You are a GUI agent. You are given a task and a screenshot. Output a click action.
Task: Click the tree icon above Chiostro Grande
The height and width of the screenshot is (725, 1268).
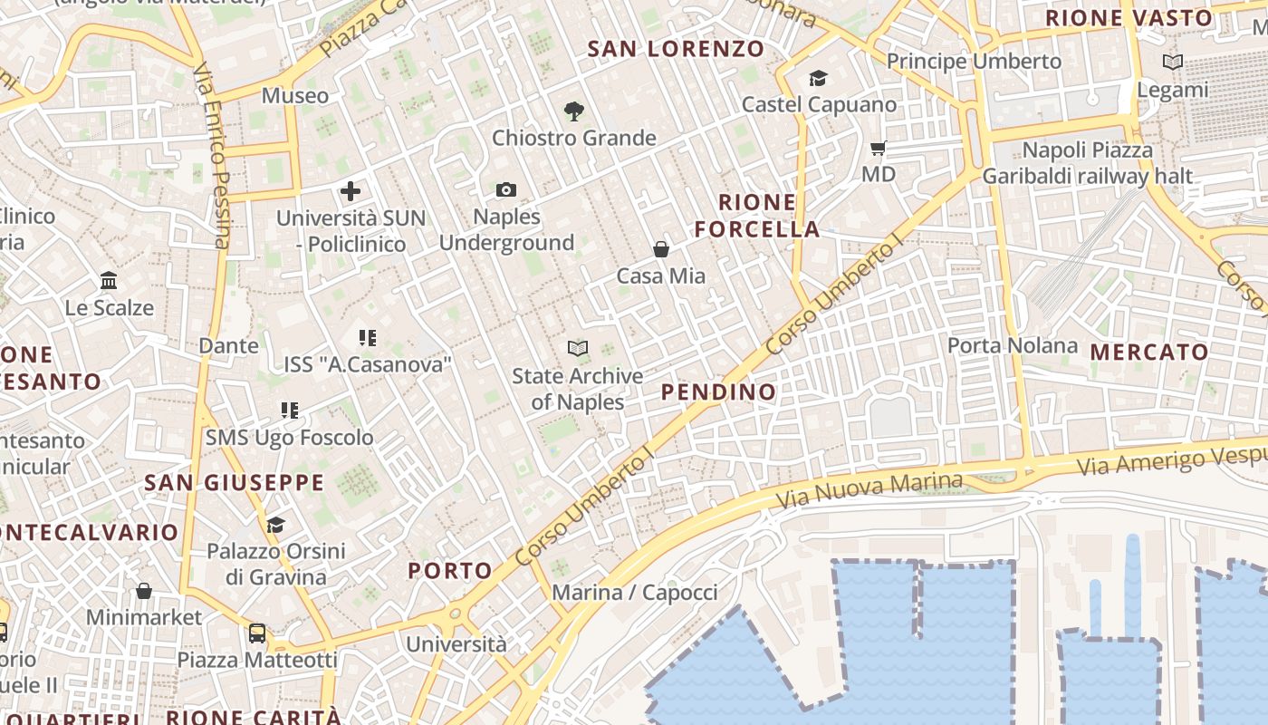tap(573, 111)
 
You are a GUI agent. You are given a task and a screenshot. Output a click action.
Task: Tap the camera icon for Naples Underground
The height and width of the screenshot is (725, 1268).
tap(506, 189)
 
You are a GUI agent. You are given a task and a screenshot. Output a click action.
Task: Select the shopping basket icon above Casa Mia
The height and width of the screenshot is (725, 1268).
tap(661, 248)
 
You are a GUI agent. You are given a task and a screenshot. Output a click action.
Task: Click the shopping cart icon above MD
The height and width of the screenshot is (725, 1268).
tap(878, 148)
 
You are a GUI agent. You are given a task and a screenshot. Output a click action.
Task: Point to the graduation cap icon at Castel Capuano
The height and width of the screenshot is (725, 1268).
tap(819, 78)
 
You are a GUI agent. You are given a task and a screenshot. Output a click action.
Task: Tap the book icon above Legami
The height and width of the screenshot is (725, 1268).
tap(1173, 63)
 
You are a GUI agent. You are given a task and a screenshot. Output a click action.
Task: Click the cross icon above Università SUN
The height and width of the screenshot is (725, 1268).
tap(351, 191)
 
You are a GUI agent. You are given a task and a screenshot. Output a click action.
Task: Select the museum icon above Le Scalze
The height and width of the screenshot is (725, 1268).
tap(110, 281)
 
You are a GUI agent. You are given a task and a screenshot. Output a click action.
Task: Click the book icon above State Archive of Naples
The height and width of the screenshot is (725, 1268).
tap(577, 348)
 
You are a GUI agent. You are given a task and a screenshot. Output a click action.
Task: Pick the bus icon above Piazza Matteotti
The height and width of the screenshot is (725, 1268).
tap(257, 633)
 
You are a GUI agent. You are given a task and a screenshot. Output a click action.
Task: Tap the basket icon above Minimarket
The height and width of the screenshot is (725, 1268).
tap(144, 592)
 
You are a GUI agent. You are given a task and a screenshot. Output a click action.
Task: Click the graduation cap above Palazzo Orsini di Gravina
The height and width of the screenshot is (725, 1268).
tap(275, 525)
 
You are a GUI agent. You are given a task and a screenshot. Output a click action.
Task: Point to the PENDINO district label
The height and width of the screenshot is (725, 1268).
tap(718, 391)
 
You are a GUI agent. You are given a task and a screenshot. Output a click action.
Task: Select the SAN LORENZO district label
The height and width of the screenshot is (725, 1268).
tap(676, 49)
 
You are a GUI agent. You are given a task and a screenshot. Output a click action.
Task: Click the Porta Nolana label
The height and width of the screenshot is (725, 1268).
tap(1012, 345)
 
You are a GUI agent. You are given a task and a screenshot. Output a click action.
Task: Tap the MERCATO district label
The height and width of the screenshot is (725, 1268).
tap(1148, 352)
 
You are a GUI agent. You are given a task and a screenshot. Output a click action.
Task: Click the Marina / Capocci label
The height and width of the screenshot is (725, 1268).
tap(634, 593)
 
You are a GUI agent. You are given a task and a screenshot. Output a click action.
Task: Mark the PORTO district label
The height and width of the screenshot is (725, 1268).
tap(449, 571)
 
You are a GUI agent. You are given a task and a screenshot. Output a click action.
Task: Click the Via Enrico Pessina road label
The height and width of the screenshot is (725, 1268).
tap(215, 154)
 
